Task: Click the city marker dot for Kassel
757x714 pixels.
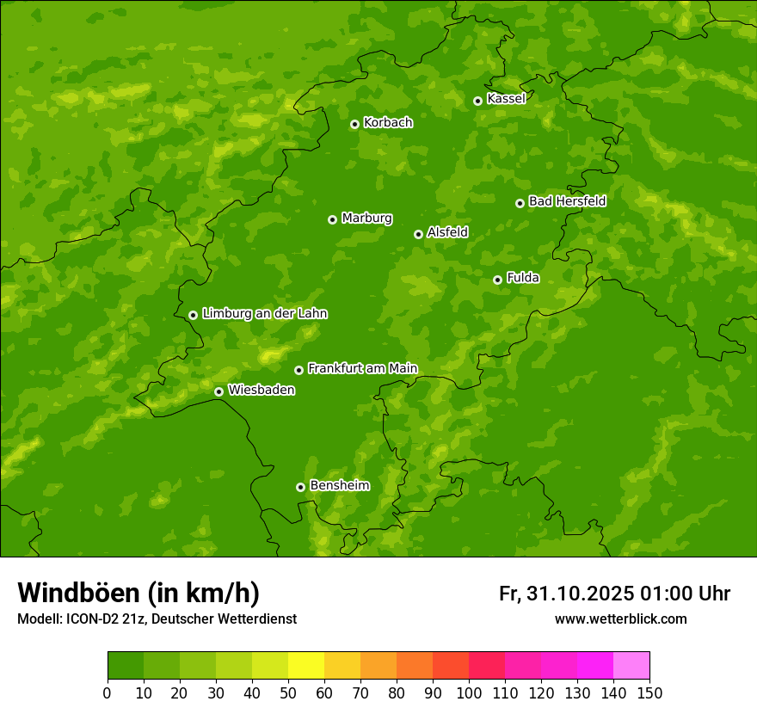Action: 478,101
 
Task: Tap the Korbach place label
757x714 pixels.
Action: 388,123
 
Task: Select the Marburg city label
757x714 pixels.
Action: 366,219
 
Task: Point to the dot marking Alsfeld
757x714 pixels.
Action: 418,234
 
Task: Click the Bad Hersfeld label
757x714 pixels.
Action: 567,202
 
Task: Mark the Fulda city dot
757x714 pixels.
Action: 497,280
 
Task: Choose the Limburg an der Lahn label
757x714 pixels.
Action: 264,314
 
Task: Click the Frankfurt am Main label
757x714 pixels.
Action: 362,369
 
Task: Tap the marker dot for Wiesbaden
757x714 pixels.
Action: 219,391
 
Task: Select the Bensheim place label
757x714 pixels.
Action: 339,486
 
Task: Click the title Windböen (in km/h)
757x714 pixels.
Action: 138,594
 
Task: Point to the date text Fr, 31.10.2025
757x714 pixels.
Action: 566,594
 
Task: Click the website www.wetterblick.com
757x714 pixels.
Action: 620,619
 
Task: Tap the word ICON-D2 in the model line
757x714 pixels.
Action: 89,619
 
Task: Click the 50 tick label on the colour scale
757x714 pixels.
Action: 287,692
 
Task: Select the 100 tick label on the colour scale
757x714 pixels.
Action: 468,692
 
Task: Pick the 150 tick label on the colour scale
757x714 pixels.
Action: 649,692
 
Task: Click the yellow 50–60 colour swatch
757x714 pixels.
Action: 305,666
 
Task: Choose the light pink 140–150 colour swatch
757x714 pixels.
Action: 631,666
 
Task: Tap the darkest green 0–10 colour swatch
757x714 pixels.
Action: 125,666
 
